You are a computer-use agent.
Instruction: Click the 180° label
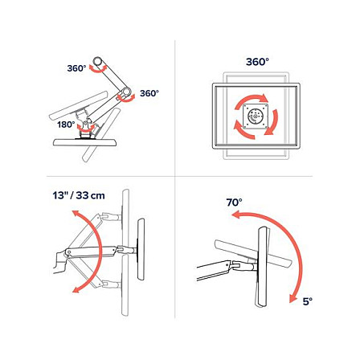(x=66, y=125)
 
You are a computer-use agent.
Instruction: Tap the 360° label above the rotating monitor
(x=257, y=62)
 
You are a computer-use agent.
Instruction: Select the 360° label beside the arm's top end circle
(x=76, y=68)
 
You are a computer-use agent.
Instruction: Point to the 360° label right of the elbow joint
(x=149, y=93)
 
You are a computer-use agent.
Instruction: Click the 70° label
(x=234, y=202)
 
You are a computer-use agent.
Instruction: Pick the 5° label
(x=308, y=301)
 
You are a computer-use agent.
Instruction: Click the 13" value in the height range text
(x=59, y=195)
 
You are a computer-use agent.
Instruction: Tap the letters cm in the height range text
(x=97, y=196)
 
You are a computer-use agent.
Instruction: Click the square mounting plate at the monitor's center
(x=256, y=117)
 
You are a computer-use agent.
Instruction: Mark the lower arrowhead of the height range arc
(x=76, y=289)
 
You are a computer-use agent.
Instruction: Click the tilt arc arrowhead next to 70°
(x=235, y=215)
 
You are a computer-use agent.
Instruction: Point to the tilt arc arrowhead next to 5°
(x=293, y=298)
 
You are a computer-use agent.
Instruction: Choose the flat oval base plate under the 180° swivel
(x=85, y=142)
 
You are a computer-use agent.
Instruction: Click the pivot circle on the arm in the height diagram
(x=68, y=252)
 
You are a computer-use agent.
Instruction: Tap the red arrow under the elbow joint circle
(x=126, y=100)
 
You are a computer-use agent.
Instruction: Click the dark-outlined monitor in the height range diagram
(x=141, y=249)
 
